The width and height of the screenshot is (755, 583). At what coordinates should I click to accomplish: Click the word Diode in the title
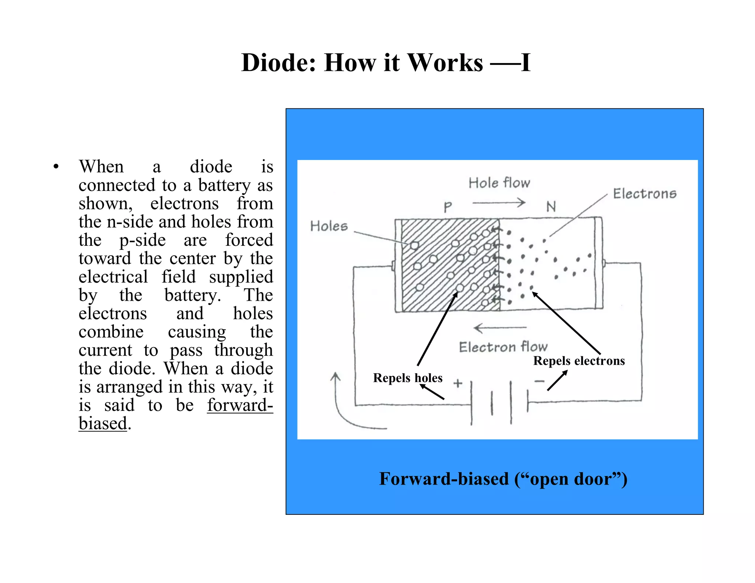pos(279,63)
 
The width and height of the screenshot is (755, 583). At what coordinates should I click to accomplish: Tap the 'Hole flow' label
pos(499,183)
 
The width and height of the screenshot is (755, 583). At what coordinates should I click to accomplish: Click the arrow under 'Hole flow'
pos(499,202)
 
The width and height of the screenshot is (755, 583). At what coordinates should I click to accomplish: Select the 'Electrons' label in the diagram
pos(644,194)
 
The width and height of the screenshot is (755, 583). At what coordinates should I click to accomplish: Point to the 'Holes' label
pos(329,226)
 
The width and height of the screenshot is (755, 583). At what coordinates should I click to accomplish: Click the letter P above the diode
pos(448,207)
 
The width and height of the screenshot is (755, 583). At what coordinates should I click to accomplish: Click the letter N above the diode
pos(551,207)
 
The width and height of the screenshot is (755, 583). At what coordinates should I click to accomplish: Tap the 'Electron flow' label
pos(503,347)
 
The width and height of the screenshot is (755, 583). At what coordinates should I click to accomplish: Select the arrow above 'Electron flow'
pos(500,327)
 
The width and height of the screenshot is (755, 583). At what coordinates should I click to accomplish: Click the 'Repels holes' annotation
pos(407,378)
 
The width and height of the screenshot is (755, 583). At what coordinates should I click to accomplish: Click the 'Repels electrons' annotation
pos(579,361)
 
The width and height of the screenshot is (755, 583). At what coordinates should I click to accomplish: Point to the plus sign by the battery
pos(458,383)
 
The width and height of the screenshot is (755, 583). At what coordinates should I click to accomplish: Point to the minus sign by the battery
pos(539,381)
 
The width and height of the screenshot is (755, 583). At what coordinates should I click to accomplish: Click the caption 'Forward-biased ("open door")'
pos(503,479)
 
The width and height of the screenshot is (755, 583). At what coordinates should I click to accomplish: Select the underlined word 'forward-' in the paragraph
pos(240,405)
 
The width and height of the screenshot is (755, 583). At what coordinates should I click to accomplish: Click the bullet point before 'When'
pos(56,167)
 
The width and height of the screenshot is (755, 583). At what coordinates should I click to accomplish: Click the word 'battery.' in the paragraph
pos(192,296)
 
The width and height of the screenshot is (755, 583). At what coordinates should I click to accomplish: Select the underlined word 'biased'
pos(103,423)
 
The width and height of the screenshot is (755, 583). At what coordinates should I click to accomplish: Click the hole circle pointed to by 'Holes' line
pos(414,245)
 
